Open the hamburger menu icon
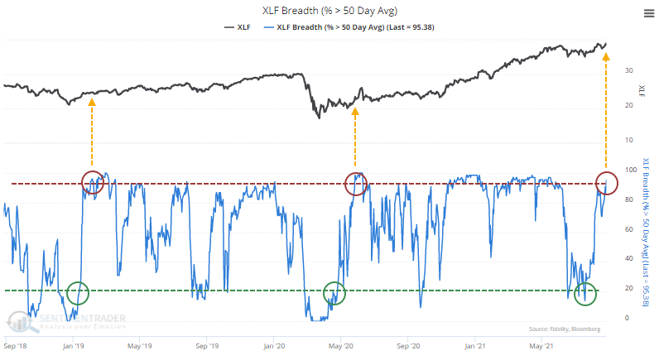tap(646, 12)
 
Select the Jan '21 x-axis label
tap(475, 343)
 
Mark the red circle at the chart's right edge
tap(606, 183)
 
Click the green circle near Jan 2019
tap(77, 292)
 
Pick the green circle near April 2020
tap(334, 292)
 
